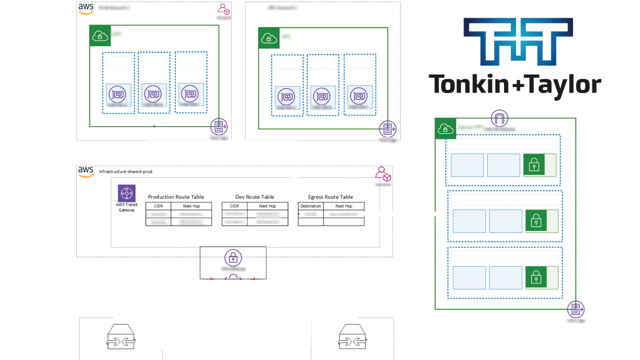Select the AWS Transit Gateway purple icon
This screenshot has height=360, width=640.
coord(126,193)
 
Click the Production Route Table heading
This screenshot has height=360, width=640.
coord(176,197)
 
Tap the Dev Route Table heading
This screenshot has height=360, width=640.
coord(254,197)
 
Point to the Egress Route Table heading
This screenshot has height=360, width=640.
coord(330,197)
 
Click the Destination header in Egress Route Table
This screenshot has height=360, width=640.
coord(310,206)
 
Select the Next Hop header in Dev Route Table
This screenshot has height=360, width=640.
coord(267,206)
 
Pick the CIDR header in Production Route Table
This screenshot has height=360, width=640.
coord(158,206)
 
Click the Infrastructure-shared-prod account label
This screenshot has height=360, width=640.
coord(125,171)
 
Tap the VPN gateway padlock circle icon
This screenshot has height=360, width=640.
coord(233,258)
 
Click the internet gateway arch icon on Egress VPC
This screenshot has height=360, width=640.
coord(499,118)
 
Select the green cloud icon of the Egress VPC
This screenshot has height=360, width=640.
coord(445,128)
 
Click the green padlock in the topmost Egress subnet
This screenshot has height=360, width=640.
coord(534,165)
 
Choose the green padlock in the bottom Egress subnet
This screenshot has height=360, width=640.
coord(536,277)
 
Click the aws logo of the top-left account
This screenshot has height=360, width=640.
coord(86,8)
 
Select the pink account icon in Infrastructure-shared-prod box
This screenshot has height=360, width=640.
coord(383,174)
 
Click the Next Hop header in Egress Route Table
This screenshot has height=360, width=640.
coord(343,206)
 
